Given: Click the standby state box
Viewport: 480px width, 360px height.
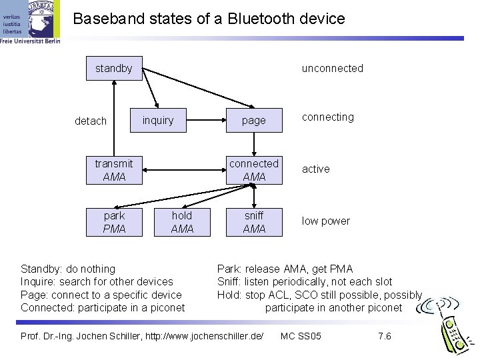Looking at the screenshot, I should [x=114, y=68].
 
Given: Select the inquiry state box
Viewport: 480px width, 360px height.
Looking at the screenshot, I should [x=158, y=121].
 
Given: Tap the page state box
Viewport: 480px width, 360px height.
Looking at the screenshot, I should [x=253, y=121].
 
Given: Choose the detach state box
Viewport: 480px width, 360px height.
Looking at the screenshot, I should [x=91, y=121].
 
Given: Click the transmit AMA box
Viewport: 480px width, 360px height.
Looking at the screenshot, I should [x=114, y=170].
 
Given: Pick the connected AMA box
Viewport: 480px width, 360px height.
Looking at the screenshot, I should [x=253, y=170].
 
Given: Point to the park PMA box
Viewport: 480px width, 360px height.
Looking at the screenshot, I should [x=114, y=222].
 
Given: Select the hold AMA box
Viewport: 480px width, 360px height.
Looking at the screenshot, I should [x=182, y=222].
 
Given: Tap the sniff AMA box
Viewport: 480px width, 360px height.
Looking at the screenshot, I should [x=253, y=222].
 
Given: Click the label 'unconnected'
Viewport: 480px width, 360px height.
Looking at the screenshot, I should [x=332, y=68].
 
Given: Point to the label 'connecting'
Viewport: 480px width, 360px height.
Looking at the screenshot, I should [x=327, y=117].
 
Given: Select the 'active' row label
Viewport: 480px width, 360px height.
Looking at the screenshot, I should [x=315, y=169].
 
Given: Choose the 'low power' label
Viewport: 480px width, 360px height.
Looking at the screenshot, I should [x=325, y=221].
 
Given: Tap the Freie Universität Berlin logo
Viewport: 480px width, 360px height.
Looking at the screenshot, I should [x=31, y=23].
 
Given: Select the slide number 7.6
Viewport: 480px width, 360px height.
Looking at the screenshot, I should [x=384, y=335].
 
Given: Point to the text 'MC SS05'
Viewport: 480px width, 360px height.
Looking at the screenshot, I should [x=301, y=335].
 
